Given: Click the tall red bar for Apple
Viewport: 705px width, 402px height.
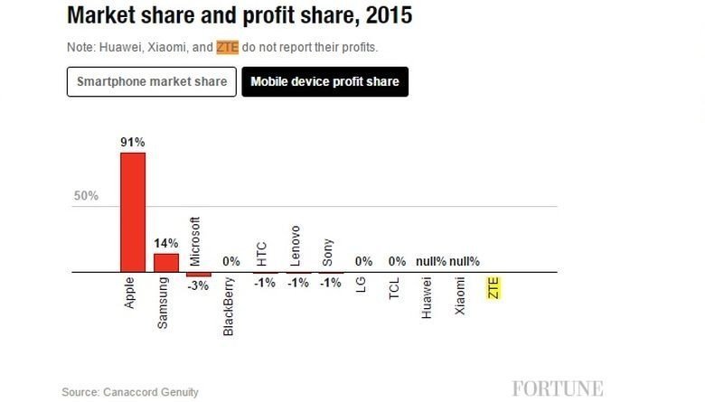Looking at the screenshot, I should (133, 211).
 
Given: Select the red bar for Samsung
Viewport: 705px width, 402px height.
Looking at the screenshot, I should (166, 262).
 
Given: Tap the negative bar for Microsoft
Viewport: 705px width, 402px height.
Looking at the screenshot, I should (199, 274).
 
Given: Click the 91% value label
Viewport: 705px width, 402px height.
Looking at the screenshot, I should (133, 143).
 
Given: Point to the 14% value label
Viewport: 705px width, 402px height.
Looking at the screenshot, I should (166, 243).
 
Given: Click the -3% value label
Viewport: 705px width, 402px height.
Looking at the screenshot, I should (199, 285).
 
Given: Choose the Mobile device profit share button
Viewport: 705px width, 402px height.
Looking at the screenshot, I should (324, 81).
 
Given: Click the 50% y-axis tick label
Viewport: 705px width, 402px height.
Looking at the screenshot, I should (86, 196).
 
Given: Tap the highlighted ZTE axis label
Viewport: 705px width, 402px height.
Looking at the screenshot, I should (493, 289).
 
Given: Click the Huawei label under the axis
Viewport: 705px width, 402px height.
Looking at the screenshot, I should (428, 298).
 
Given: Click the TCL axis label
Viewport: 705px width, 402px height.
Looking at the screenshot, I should (394, 290).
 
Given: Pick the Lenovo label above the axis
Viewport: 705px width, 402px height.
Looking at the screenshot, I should (295, 245).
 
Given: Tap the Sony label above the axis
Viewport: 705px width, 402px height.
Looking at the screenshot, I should (328, 250).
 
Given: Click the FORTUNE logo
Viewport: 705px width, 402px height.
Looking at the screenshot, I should (558, 388).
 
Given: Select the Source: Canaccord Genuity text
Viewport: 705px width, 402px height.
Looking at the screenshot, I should (130, 392).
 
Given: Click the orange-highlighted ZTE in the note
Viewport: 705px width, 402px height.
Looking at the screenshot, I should (227, 46).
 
